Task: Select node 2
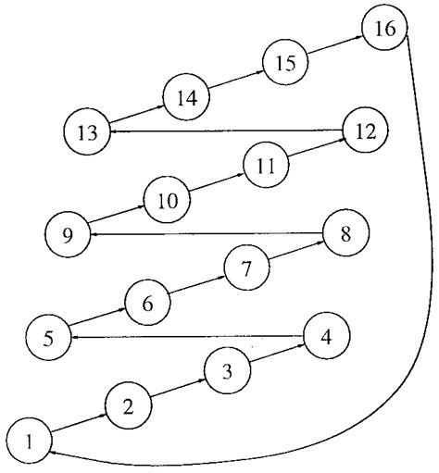point(129,405)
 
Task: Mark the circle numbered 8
point(345,232)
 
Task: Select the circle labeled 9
point(68,231)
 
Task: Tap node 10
point(167,198)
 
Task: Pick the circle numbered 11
point(266,165)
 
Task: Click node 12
point(366,131)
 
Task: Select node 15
point(286,62)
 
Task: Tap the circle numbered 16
point(384,28)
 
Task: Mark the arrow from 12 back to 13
point(226,131)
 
